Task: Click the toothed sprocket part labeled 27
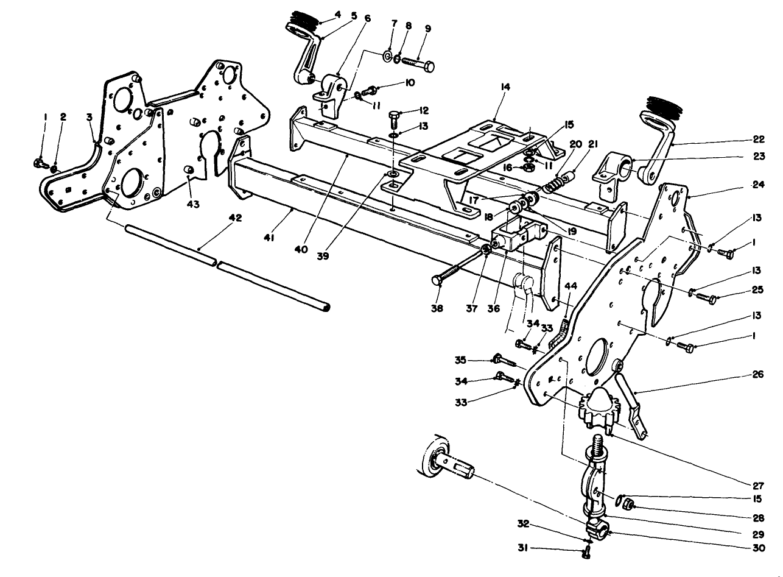coord(599,407)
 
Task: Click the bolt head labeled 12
coord(393,115)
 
